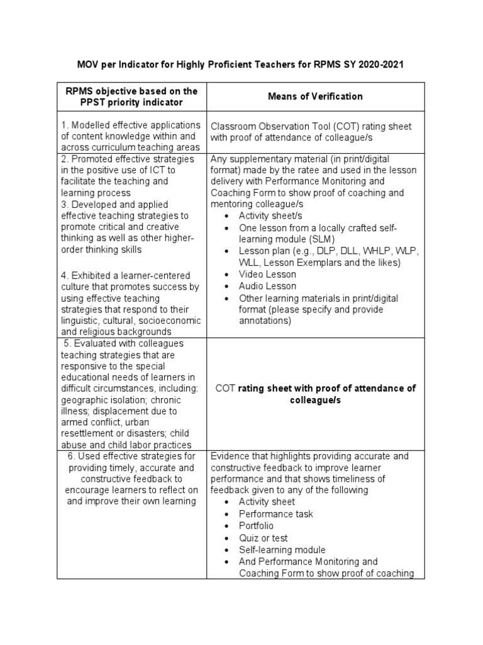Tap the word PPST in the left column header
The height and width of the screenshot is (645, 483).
[80, 102]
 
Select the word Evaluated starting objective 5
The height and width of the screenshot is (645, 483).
[95, 343]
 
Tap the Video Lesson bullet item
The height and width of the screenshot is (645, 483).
[267, 274]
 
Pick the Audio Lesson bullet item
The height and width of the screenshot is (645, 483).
[267, 286]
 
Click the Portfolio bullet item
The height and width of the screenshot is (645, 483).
[256, 525]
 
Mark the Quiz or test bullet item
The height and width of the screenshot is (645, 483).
[263, 537]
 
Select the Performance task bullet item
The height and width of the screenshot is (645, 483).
[274, 513]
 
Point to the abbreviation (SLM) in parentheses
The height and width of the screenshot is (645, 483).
[321, 239]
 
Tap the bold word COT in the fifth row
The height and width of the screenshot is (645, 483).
[225, 389]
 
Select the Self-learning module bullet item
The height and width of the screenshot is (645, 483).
[282, 549]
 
